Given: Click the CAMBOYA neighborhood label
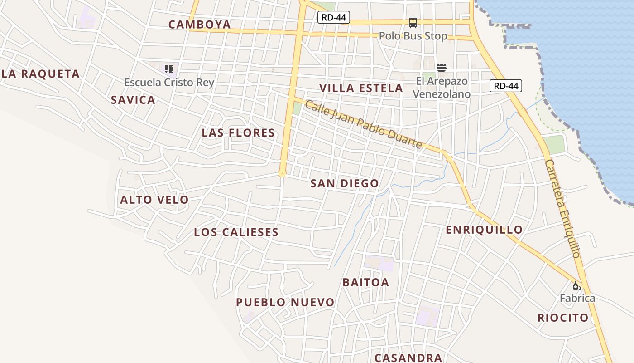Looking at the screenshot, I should pyautogui.click(x=200, y=25).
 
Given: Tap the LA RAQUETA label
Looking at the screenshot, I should pyautogui.click(x=40, y=74).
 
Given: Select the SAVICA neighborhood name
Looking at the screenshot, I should pyautogui.click(x=133, y=100).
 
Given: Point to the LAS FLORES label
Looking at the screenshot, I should pyautogui.click(x=238, y=133).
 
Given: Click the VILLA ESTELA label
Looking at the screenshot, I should pyautogui.click(x=361, y=88).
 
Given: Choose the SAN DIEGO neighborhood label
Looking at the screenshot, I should pyautogui.click(x=345, y=184).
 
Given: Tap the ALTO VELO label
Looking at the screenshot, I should pyautogui.click(x=154, y=200).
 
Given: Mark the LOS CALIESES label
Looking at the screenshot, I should pyautogui.click(x=236, y=232).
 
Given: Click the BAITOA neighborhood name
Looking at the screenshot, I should pyautogui.click(x=366, y=283).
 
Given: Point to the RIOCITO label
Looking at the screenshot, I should pyautogui.click(x=563, y=318).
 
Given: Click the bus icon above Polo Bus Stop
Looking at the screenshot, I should pyautogui.click(x=413, y=22).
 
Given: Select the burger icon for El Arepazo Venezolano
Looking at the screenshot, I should pyautogui.click(x=442, y=68).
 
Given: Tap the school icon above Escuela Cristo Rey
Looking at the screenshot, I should pyautogui.click(x=169, y=69).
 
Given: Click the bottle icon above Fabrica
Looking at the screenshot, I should pyautogui.click(x=577, y=285).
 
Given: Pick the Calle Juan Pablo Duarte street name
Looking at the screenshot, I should pyautogui.click(x=363, y=124).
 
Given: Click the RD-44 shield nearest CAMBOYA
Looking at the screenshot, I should pyautogui.click(x=334, y=18).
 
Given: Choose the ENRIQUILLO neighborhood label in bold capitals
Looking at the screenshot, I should pyautogui.click(x=484, y=230).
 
